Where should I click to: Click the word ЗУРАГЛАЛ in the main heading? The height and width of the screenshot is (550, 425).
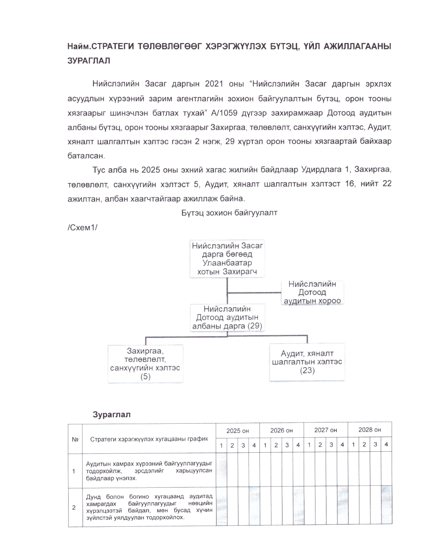(x=89, y=61)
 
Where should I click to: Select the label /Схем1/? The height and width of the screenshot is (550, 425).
(x=82, y=227)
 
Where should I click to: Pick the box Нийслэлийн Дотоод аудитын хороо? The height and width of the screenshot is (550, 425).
(x=312, y=292)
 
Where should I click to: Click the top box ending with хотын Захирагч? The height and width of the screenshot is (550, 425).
(x=227, y=259)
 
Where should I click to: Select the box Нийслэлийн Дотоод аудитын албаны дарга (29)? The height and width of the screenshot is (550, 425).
(x=227, y=317)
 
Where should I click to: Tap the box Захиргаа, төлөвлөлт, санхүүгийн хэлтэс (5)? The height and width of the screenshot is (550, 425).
(x=146, y=364)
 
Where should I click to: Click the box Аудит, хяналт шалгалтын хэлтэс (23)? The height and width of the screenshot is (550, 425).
(x=307, y=362)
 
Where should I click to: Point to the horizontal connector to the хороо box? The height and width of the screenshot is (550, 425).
(x=254, y=293)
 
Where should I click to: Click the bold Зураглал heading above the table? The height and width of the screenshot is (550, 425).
(x=111, y=414)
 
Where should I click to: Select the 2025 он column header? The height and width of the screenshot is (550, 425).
(x=238, y=431)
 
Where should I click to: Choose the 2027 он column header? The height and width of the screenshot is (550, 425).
(x=325, y=430)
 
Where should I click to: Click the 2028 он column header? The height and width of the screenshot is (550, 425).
(x=370, y=430)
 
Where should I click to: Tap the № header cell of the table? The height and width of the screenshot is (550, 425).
(x=75, y=439)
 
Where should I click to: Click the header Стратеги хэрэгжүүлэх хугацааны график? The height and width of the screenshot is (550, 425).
(x=149, y=439)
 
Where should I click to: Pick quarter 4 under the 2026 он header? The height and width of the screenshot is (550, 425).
(x=298, y=445)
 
